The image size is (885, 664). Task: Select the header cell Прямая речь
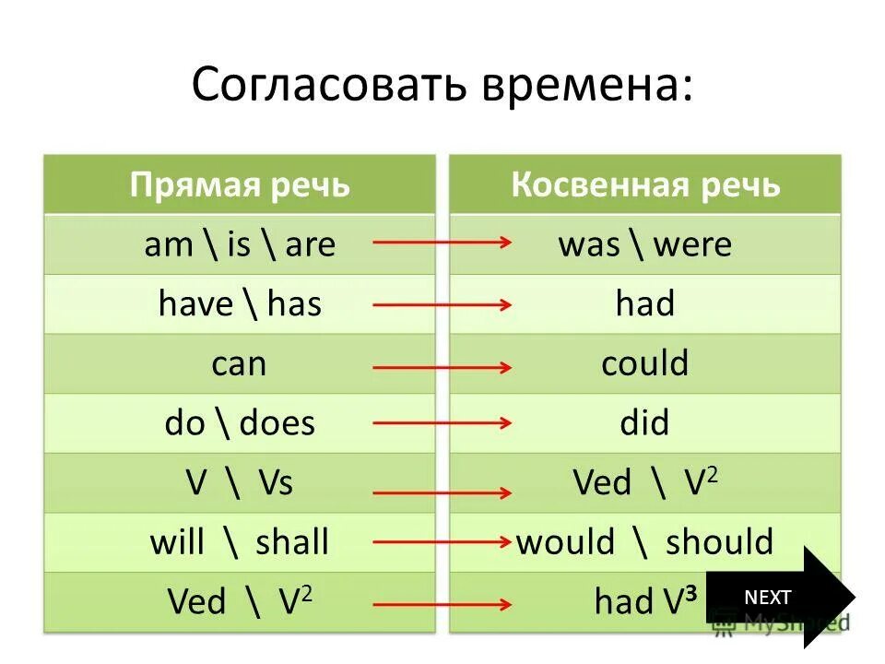240,184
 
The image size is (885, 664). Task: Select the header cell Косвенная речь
645,184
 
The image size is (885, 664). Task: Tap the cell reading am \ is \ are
240,244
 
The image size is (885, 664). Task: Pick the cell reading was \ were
645,244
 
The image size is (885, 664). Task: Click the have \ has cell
240,303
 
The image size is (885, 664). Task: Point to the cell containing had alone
645,303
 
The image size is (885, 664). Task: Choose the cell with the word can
239,363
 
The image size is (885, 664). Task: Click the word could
645,363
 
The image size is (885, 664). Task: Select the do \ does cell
240,422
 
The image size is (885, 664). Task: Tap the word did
645,422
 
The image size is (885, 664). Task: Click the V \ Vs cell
240,482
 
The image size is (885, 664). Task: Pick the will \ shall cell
240,541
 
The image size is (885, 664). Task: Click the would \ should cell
645,541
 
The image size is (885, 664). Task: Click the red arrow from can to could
442,367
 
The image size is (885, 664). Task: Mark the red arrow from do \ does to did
442,424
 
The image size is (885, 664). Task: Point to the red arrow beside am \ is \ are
442,243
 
